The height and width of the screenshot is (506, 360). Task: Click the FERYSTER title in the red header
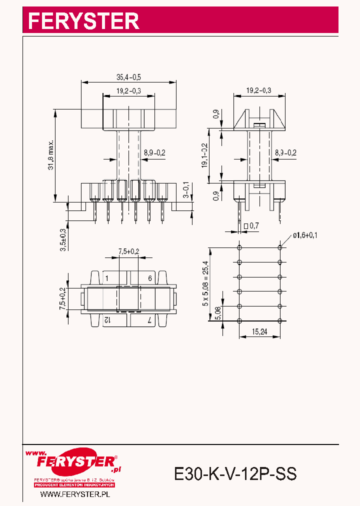coord(83,21)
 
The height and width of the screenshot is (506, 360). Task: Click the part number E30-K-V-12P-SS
coord(235,473)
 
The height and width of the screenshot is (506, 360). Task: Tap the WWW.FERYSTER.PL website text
coord(74,494)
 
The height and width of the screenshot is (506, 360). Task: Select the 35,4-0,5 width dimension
coord(128,77)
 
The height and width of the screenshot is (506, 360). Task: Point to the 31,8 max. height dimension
coord(51,156)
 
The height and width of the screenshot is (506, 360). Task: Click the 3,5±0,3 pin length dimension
coord(62,238)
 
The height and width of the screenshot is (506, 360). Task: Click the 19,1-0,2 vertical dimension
coord(204,156)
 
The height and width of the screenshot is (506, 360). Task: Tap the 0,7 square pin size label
coord(251,225)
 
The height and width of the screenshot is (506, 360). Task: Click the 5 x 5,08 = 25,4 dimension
coord(205,284)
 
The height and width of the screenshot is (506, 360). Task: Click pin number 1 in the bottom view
coord(107,278)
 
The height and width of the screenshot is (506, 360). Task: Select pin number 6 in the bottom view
coord(149,278)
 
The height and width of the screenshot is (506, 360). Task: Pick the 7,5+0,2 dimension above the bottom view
coord(128,251)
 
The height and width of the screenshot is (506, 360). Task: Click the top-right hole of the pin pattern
coord(280,247)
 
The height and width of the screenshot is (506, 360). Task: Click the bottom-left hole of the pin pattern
coord(239,320)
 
